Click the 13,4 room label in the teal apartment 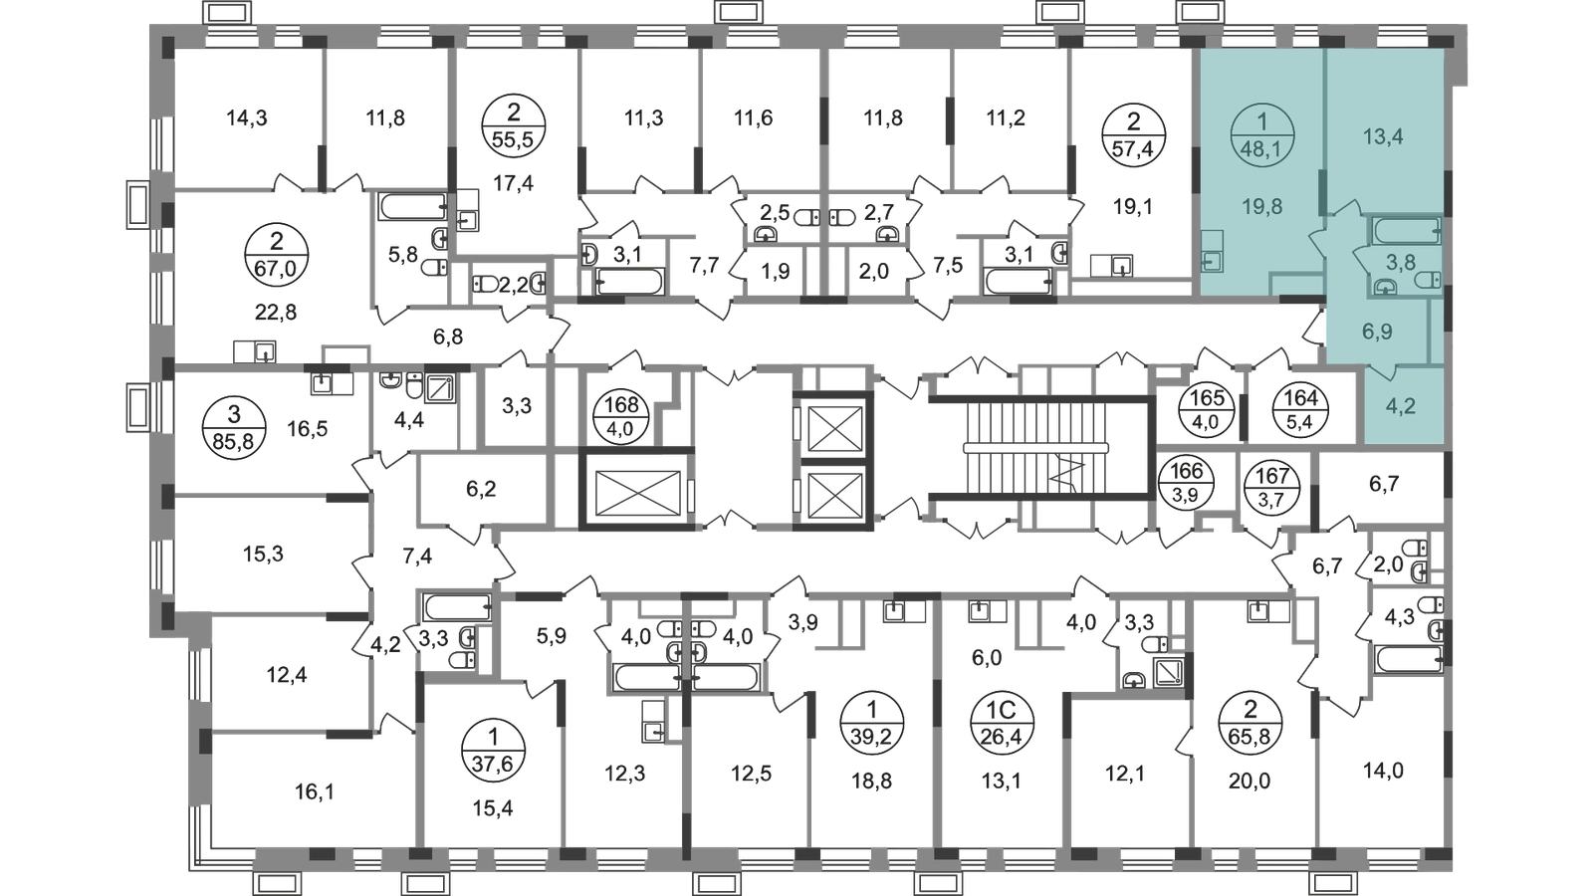pyautogui.click(x=1383, y=136)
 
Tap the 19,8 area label pyautogui.click(x=1261, y=207)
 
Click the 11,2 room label pyautogui.click(x=1008, y=117)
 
